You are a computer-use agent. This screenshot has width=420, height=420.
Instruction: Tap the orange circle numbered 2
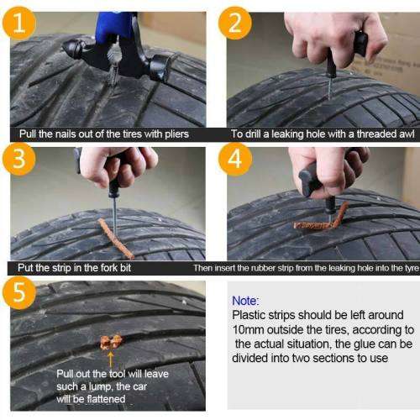coord(234,23)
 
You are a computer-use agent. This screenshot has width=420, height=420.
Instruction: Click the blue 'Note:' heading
coord(246,300)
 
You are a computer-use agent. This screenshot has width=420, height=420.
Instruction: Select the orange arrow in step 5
coord(108,356)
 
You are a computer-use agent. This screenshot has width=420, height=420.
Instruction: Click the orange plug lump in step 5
coord(110,341)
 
